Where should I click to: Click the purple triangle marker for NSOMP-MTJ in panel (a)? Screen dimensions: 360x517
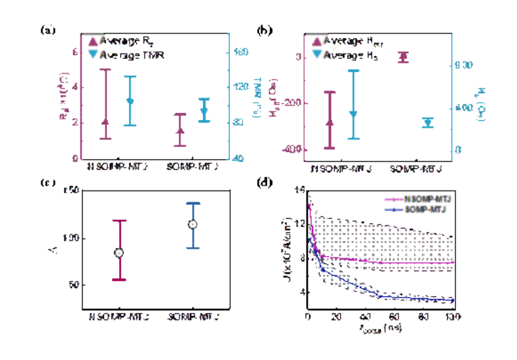(x=106, y=122)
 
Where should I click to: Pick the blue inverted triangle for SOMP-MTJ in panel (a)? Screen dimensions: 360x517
(x=204, y=111)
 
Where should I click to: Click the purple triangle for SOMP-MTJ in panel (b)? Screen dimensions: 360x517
(x=403, y=56)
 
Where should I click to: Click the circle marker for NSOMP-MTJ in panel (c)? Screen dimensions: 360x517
(x=119, y=253)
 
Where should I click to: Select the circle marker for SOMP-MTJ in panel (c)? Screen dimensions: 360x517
(x=192, y=224)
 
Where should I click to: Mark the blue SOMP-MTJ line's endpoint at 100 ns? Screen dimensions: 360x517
(x=453, y=301)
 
